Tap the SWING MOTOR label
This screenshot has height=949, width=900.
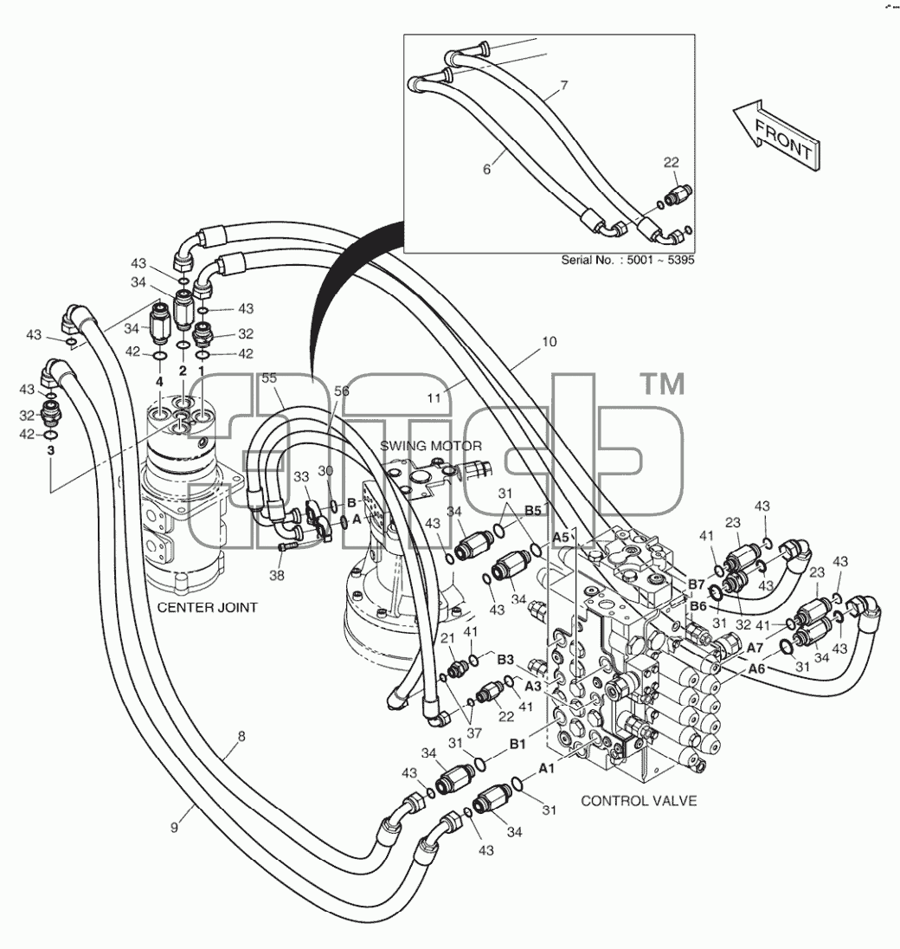[431, 446]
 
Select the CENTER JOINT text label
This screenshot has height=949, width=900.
[208, 607]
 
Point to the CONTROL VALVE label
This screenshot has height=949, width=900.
[639, 801]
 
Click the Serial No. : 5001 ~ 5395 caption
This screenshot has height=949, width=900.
[627, 260]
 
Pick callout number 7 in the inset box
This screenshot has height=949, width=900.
[563, 86]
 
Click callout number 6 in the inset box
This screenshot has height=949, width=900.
[487, 169]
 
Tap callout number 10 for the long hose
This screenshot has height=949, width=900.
[550, 342]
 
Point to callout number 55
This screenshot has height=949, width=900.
[269, 378]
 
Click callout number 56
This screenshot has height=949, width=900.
[342, 391]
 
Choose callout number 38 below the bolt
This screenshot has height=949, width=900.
[276, 575]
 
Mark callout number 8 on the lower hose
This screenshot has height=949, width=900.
[241, 736]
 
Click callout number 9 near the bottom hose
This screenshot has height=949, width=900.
[174, 828]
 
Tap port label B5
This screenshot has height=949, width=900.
[532, 511]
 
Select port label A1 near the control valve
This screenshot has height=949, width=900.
[546, 768]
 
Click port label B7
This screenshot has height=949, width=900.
[697, 584]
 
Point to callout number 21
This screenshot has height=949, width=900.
[447, 638]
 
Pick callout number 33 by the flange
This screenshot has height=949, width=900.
[301, 477]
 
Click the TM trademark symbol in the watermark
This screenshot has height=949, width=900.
[662, 384]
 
